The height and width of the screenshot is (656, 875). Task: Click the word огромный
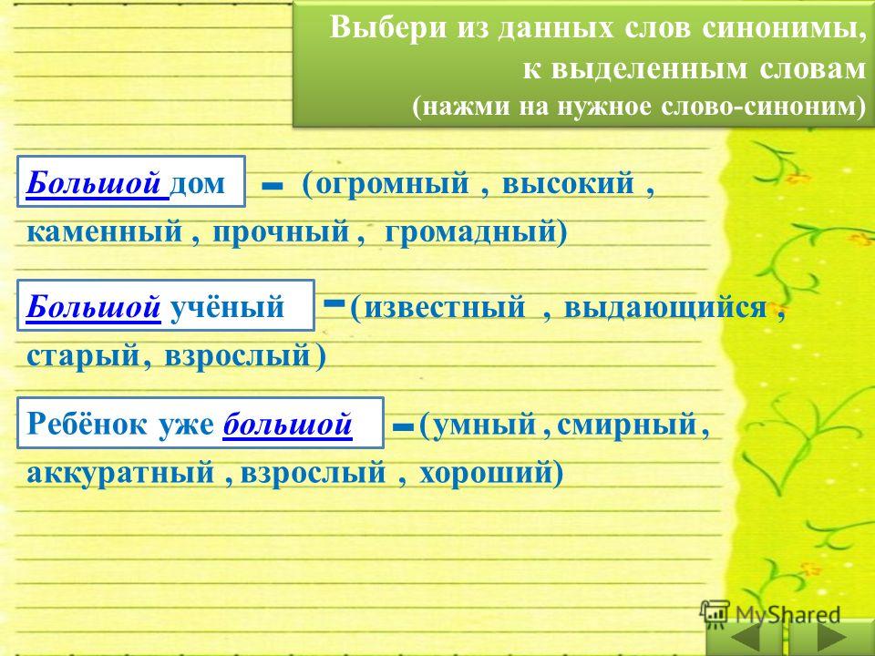point(392,184)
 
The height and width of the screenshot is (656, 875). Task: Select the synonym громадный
point(471,231)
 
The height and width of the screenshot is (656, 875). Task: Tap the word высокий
point(568,183)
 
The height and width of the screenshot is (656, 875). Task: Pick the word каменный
point(104,231)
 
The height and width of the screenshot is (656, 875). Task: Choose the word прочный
point(282,232)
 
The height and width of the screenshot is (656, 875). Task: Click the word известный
point(445,307)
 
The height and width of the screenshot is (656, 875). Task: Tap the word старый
point(83,356)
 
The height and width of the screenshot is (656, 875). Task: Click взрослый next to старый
point(238,356)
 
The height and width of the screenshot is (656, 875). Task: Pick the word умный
point(484,425)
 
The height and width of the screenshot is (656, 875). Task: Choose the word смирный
point(627,425)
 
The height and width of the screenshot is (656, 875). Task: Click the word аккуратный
point(120,473)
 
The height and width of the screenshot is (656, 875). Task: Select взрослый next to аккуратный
point(313,473)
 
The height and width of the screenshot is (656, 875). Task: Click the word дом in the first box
point(197,183)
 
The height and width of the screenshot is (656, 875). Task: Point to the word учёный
point(227,306)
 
